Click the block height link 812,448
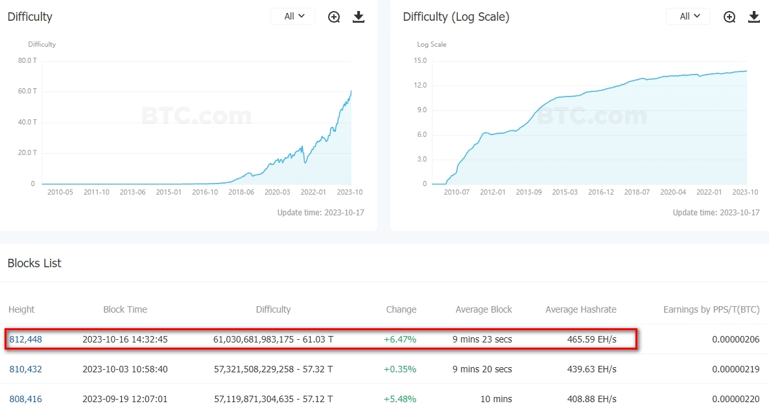[26, 339]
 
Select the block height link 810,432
[26, 369]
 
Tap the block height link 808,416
[26, 399]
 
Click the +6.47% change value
[400, 339]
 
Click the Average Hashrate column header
[581, 309]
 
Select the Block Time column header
[125, 309]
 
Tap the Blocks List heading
[34, 263]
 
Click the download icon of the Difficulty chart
[359, 17]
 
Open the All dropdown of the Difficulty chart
[293, 16]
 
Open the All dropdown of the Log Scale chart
[689, 16]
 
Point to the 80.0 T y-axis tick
[27, 60]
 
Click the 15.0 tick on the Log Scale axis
[420, 60]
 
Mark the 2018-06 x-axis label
[241, 192]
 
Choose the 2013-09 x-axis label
[528, 192]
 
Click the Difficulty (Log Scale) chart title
[456, 17]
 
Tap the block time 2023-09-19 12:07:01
[125, 399]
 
